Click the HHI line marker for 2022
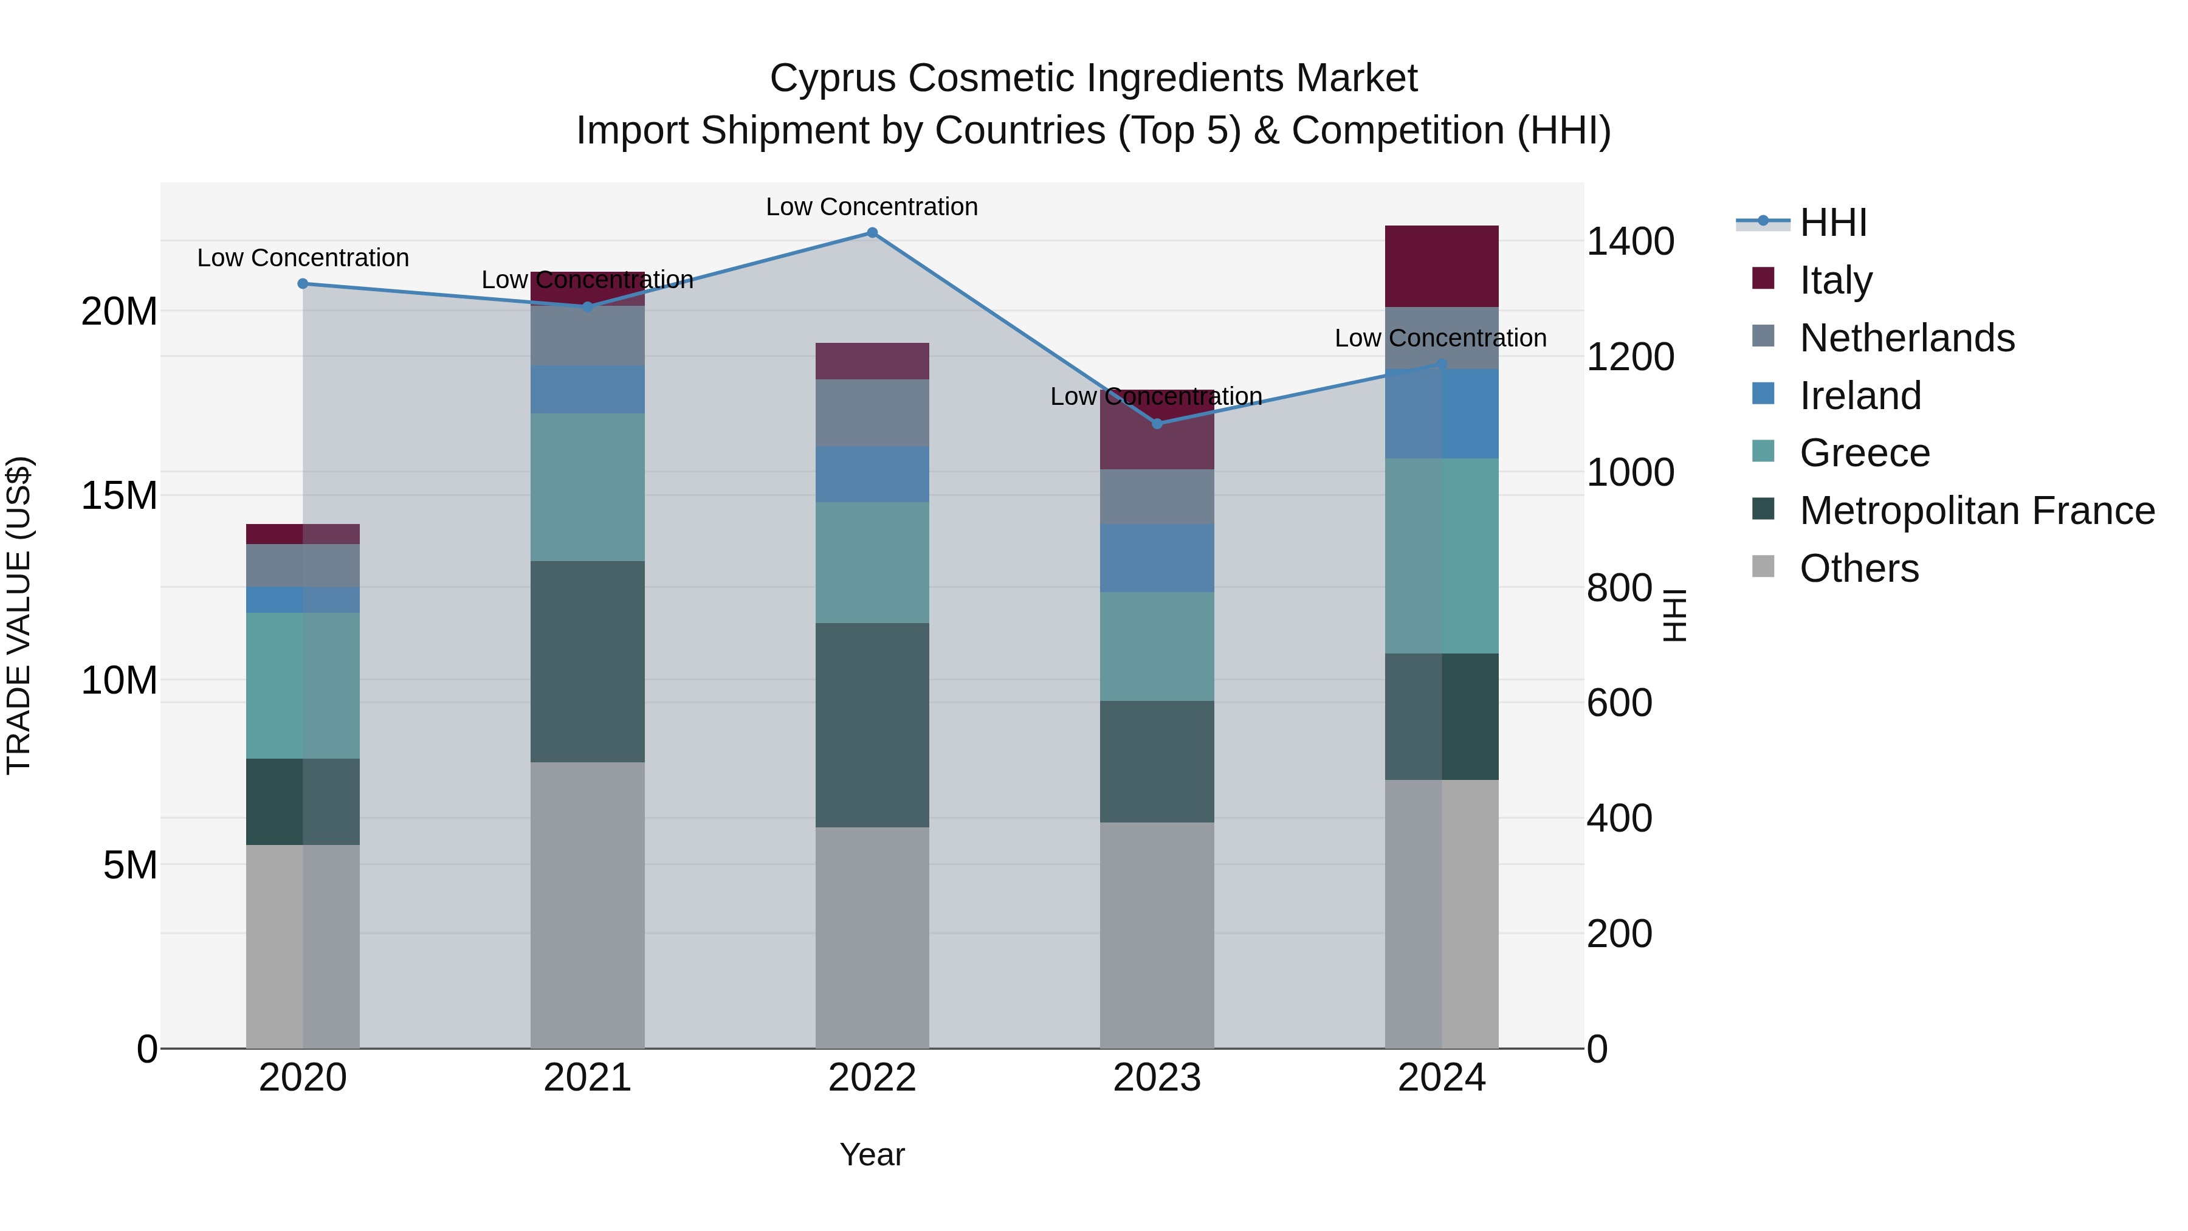tap(872, 232)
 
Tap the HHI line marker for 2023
tap(1157, 423)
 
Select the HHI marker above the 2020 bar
tap(303, 284)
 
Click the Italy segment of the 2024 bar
tap(1442, 266)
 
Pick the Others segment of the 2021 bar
tap(587, 905)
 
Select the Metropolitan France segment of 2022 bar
tap(872, 725)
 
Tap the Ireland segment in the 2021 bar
tap(587, 389)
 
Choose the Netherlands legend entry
tap(1906, 337)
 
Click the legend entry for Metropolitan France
tap(1976, 511)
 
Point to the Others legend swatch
tap(1763, 567)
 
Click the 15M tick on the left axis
tap(119, 495)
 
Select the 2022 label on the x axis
tap(872, 1078)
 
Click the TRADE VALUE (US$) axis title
tap(19, 615)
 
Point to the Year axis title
tap(872, 1154)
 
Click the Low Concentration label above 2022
tap(872, 207)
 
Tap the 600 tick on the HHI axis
tap(1619, 703)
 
